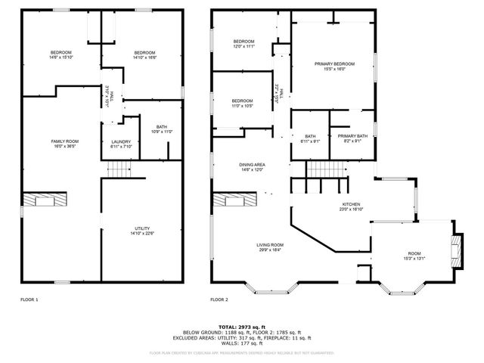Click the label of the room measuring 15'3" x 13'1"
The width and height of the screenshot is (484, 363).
414,256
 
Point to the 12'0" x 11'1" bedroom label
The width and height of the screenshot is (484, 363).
244,44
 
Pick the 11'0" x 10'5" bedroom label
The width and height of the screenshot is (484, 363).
242,104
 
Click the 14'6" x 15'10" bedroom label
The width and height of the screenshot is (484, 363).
61,54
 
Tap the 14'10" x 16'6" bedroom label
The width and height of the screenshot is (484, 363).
144,54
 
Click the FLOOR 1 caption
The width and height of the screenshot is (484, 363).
29,300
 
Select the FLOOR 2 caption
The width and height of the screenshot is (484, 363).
219,300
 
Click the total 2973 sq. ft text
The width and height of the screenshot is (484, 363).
242,326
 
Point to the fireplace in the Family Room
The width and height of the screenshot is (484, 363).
43,200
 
